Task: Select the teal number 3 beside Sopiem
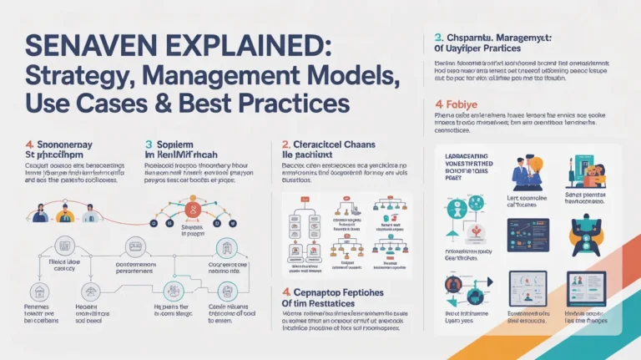pyautogui.click(x=149, y=145)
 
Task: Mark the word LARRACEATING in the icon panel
pyautogui.click(x=464, y=155)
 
